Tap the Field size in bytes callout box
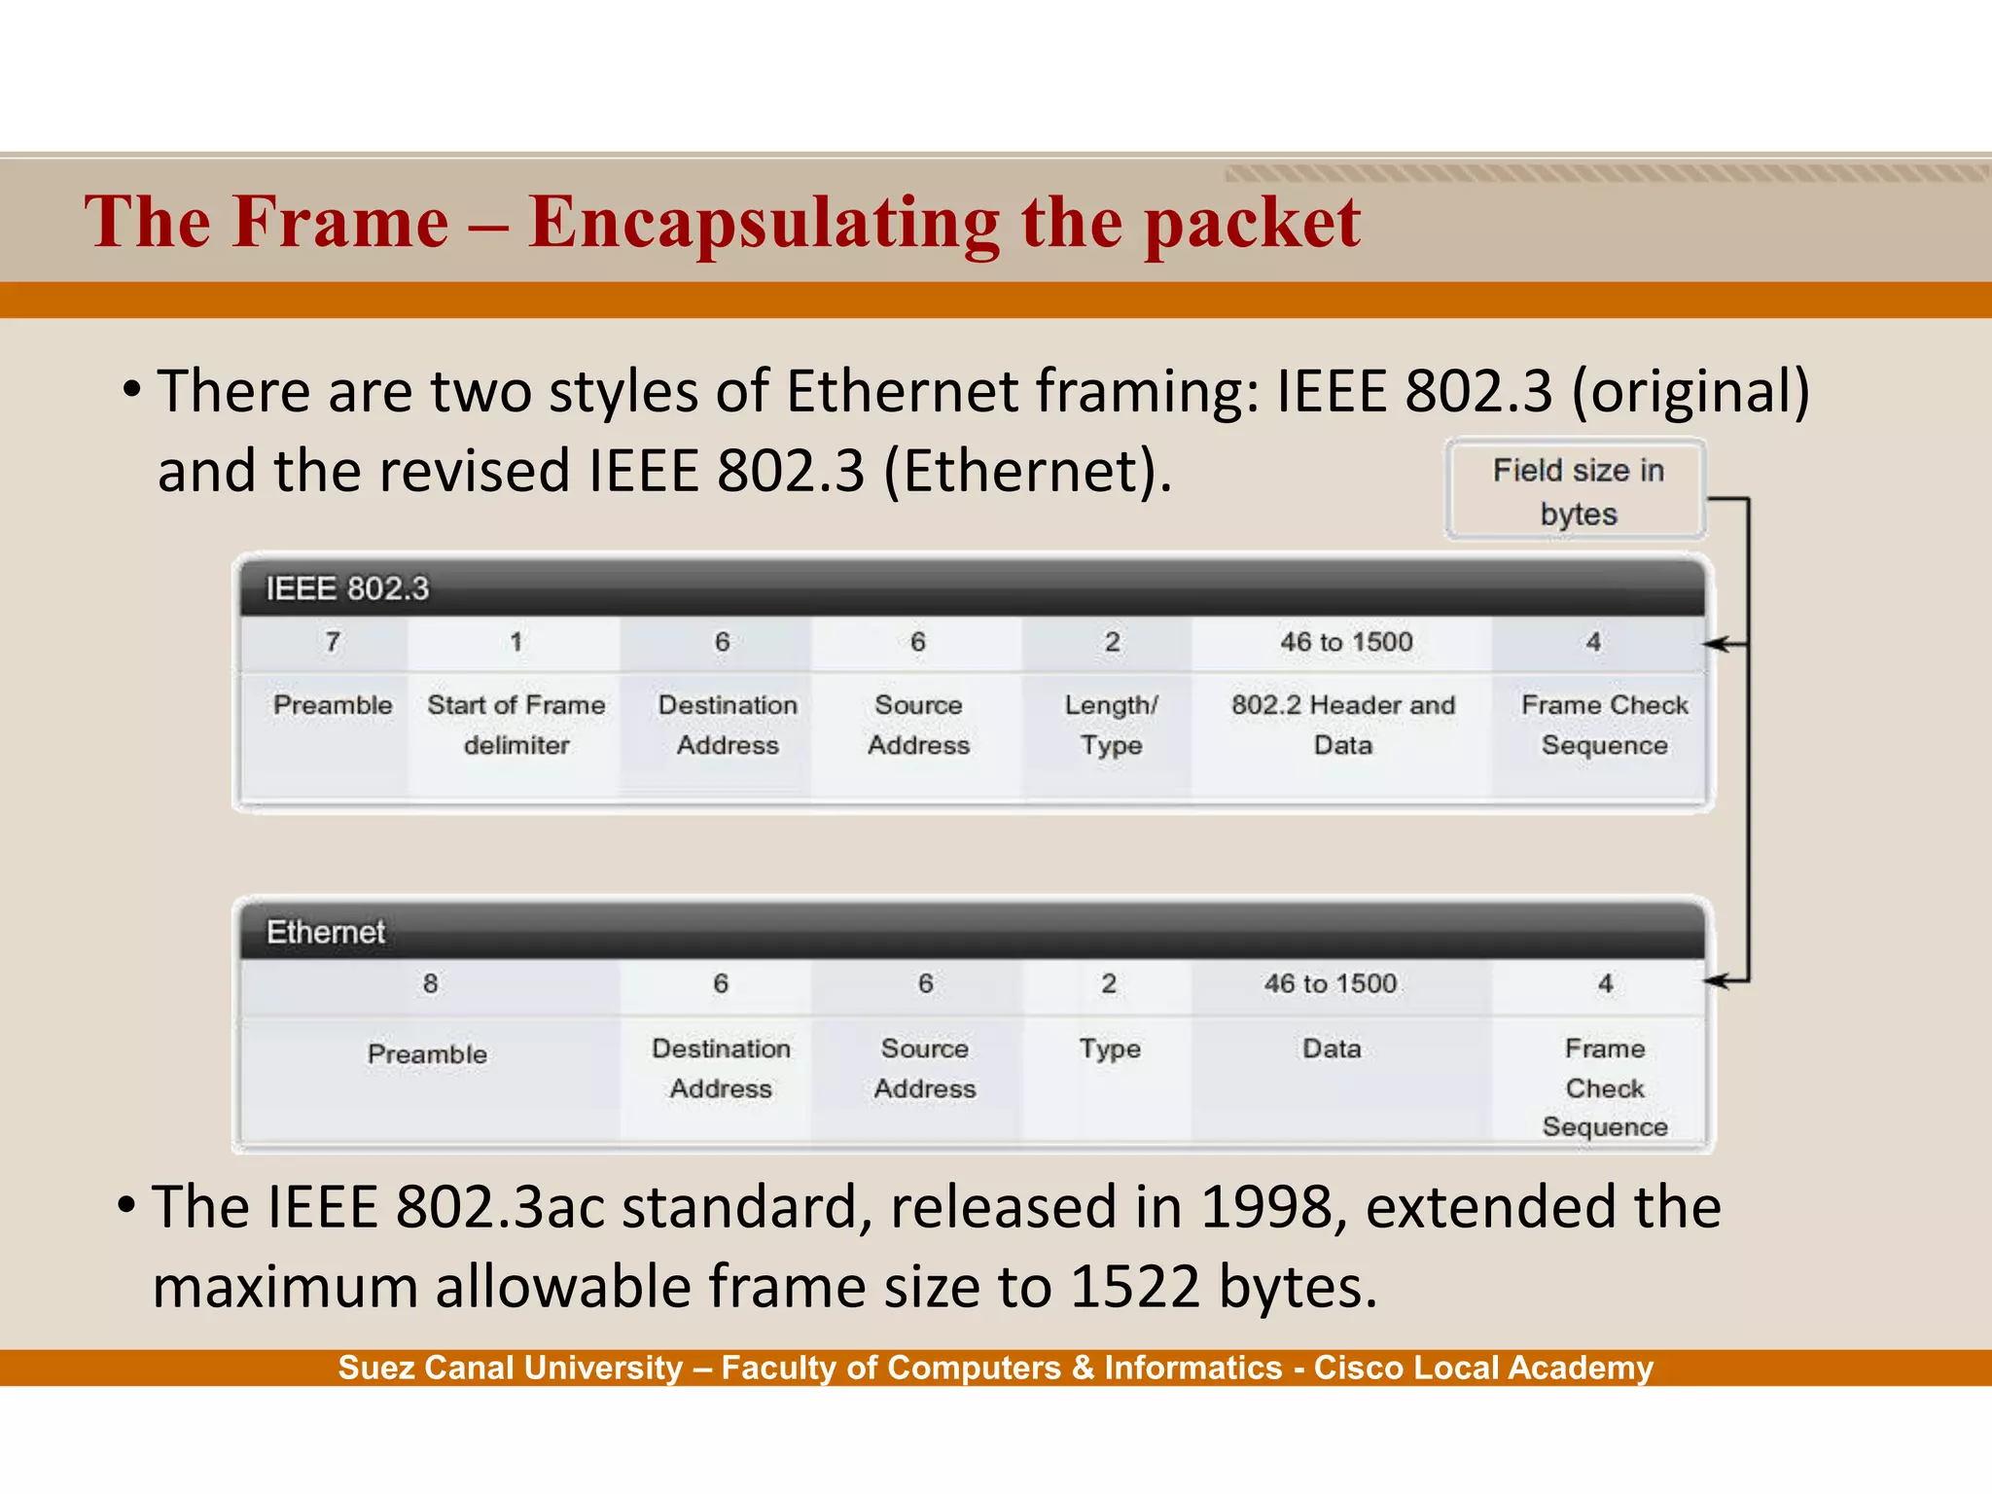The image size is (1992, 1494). tap(1577, 490)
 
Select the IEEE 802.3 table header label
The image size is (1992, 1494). tap(347, 588)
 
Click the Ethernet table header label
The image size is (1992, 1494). tap(326, 932)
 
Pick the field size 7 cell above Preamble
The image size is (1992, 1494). tap(333, 642)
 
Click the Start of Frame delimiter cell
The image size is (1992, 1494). tap(516, 725)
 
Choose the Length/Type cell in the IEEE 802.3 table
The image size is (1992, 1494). tap(1111, 725)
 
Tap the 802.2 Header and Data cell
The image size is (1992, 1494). tap(1343, 725)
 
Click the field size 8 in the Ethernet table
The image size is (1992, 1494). tap(430, 984)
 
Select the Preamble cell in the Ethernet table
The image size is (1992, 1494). tap(427, 1054)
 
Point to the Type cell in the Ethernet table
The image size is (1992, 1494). tap(1110, 1049)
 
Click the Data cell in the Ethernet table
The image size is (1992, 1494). tap(1332, 1049)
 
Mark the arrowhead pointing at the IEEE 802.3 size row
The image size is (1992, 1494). tap(1716, 644)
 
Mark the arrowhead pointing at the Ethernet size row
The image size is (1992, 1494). tap(1716, 981)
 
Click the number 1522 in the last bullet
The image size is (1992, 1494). tap(1135, 1288)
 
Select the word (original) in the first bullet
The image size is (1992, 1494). tap(1690, 392)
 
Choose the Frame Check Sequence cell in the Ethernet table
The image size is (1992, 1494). tap(1605, 1087)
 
